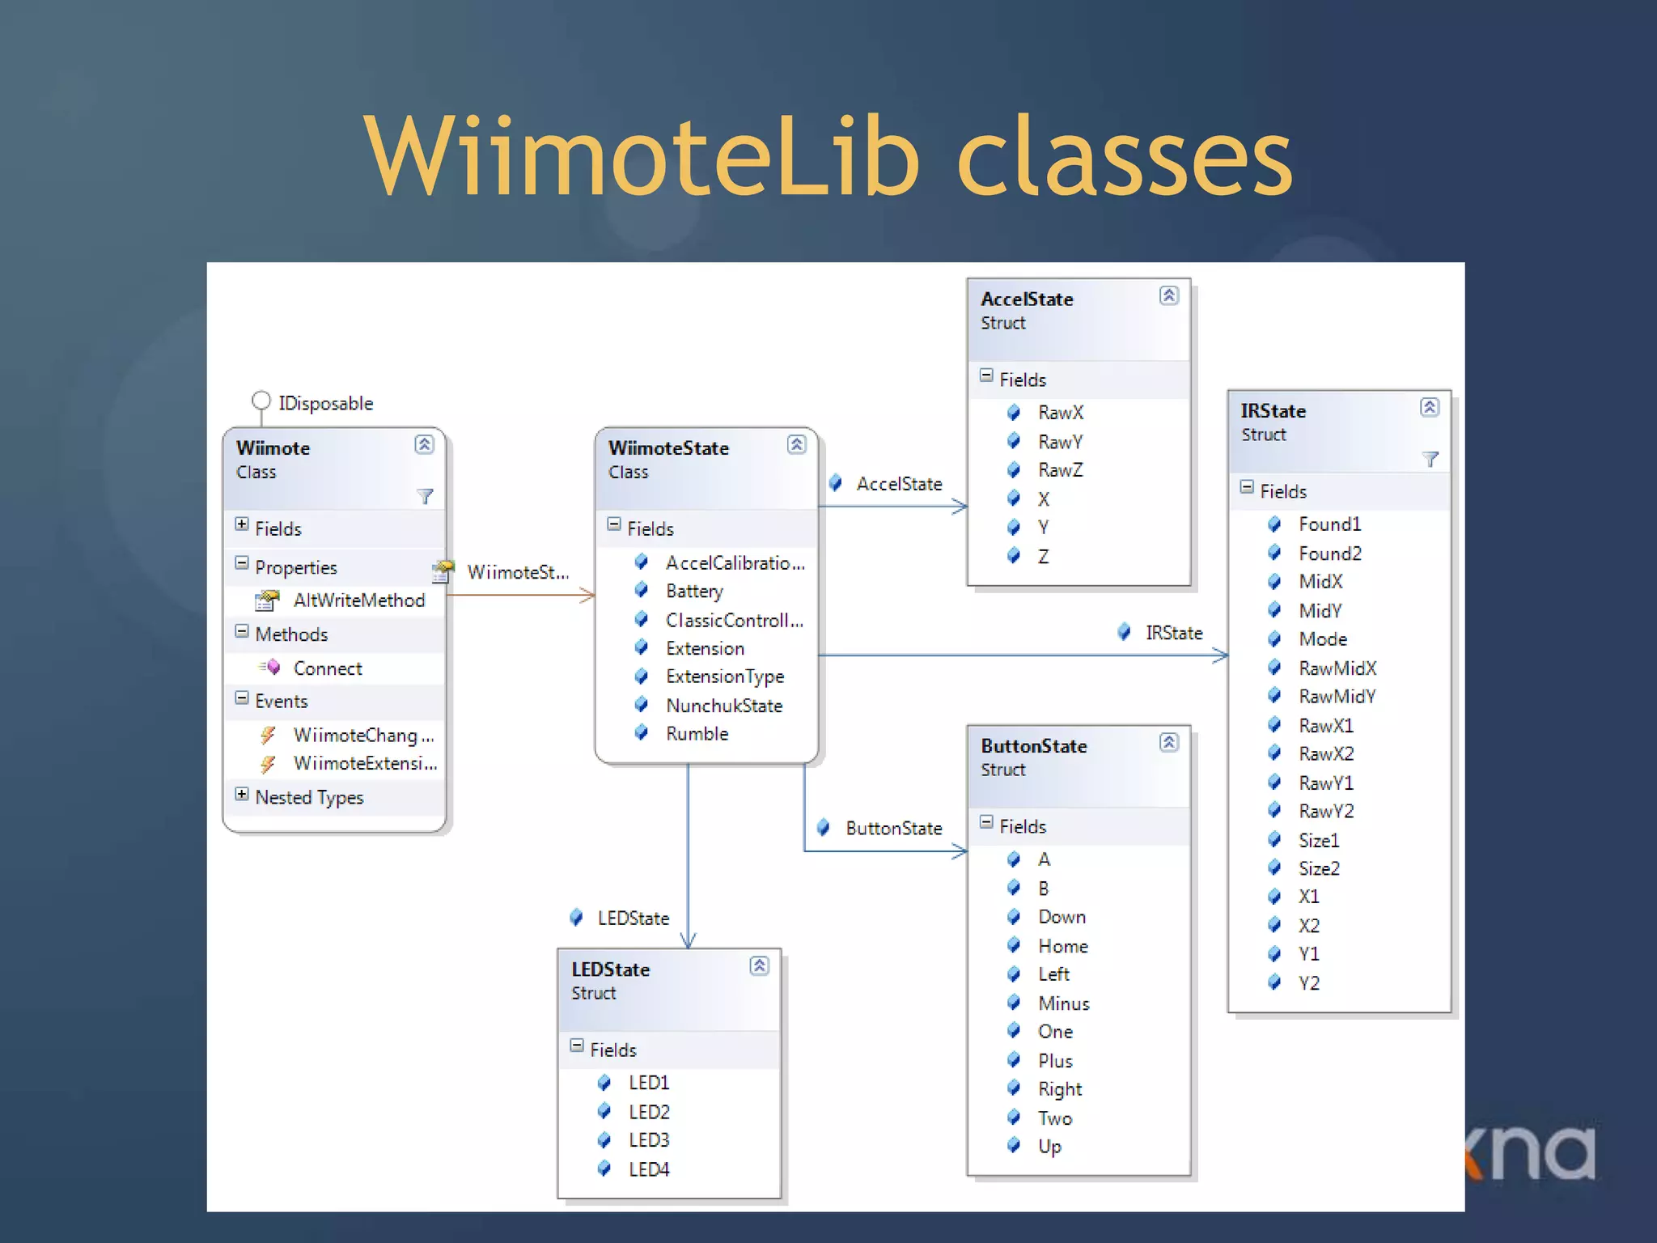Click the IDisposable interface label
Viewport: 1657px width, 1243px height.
click(325, 403)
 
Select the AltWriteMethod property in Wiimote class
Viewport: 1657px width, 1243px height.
click(358, 600)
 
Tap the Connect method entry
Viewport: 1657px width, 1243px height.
click(327, 668)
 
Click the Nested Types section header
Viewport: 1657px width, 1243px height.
click(309, 797)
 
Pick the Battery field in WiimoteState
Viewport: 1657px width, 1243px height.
click(694, 592)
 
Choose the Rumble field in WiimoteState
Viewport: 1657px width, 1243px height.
click(697, 734)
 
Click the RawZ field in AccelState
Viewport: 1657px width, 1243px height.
click(1060, 470)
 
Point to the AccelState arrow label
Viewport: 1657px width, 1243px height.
click(899, 484)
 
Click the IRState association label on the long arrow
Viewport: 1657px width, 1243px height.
click(1173, 633)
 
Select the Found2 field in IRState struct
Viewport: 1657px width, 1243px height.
click(1329, 554)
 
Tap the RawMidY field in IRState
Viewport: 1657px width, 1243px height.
click(1337, 697)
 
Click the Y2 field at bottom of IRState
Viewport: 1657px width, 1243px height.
click(1308, 983)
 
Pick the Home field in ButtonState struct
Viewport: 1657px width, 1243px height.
click(1062, 946)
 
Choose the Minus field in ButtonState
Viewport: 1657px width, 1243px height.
click(1063, 1003)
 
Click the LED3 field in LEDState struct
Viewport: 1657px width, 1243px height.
click(649, 1140)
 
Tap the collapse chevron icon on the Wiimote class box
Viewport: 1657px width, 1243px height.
click(424, 444)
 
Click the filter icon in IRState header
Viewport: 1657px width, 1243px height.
click(1430, 460)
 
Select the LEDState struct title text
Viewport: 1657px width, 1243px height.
click(610, 969)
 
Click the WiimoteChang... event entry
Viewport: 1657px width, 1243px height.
click(362, 736)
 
